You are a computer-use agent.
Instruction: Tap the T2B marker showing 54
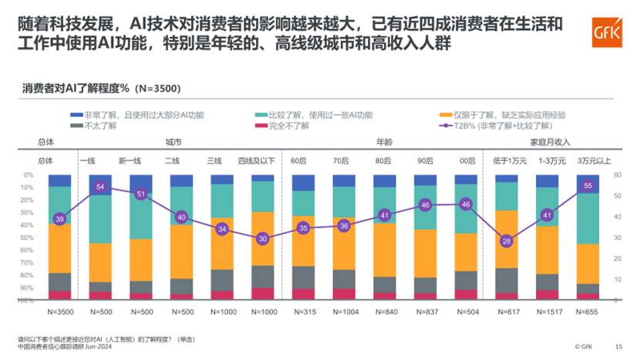pyautogui.click(x=99, y=187)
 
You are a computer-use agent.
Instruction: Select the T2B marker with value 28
pyautogui.click(x=506, y=241)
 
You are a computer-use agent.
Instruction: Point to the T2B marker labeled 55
pyautogui.click(x=588, y=186)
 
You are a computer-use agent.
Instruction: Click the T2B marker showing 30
pyautogui.click(x=263, y=238)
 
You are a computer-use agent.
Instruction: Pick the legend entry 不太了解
pyautogui.click(x=87, y=126)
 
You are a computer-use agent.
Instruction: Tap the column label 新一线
pyautogui.click(x=130, y=161)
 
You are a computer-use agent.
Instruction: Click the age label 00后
pyautogui.click(x=466, y=161)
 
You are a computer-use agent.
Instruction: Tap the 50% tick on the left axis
pyautogui.click(x=29, y=237)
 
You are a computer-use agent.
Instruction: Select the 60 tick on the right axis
pyautogui.click(x=617, y=175)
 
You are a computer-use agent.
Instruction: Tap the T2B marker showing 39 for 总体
pyautogui.click(x=60, y=220)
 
